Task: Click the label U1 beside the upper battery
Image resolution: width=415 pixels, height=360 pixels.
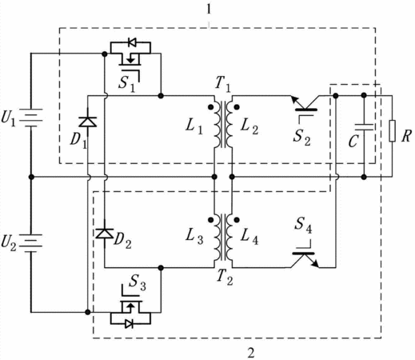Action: tap(9, 118)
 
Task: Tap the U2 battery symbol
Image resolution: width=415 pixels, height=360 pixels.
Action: tap(31, 243)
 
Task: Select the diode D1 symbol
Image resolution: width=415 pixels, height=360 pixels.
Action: tap(88, 122)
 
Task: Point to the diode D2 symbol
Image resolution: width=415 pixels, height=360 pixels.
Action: tap(105, 234)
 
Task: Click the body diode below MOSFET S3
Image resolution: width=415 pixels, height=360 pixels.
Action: tap(130, 324)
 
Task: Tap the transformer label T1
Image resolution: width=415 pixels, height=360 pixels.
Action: tap(222, 83)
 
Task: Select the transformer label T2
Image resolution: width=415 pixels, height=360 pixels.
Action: tap(225, 277)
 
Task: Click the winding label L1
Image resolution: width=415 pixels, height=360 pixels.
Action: tap(194, 126)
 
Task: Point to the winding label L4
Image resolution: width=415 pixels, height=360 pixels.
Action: tap(249, 237)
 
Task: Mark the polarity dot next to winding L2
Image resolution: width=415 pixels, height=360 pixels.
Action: tap(237, 107)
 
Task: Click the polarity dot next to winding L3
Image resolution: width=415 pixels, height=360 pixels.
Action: tap(211, 220)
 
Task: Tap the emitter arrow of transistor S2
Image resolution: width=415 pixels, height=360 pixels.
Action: tap(295, 101)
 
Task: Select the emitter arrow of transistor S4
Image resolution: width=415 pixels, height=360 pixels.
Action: tap(314, 263)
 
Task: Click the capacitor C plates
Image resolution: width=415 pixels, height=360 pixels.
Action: tap(364, 127)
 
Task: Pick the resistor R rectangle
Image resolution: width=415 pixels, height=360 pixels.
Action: tap(392, 130)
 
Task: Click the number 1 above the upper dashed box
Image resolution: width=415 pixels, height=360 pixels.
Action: tap(209, 10)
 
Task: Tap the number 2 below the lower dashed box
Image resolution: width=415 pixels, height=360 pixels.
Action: tap(251, 352)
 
